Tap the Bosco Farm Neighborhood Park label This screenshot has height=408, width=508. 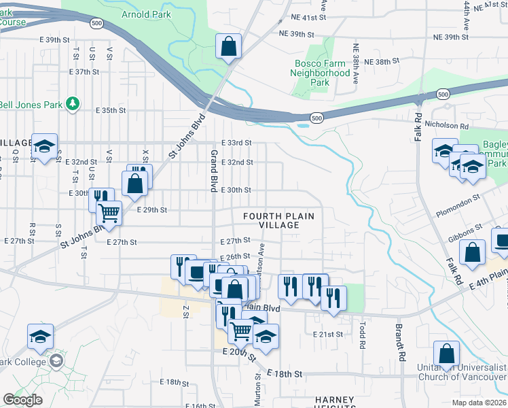(320, 72)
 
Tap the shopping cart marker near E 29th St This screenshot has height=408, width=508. (109, 213)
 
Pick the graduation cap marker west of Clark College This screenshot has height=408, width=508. (41, 336)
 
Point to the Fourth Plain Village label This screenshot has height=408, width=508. (279, 220)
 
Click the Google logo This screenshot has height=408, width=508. (22, 400)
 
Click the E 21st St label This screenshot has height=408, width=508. (330, 335)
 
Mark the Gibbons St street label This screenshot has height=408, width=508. (465, 232)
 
